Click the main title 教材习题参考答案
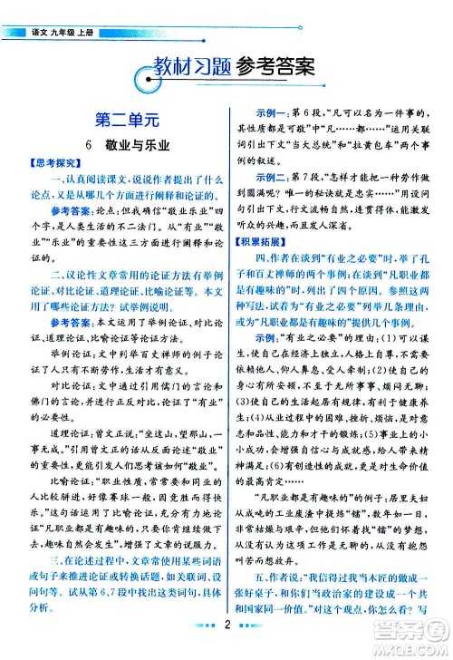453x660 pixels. point(227,65)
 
